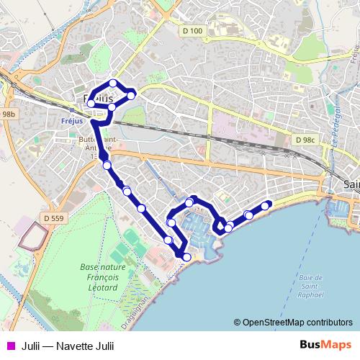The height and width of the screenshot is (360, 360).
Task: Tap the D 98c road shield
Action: pyautogui.click(x=305, y=140)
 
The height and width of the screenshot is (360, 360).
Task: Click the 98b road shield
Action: pyautogui.click(x=8, y=114)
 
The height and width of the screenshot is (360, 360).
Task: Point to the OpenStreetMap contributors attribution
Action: pyautogui.click(x=297, y=322)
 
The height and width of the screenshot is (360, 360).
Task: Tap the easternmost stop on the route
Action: pyautogui.click(x=266, y=206)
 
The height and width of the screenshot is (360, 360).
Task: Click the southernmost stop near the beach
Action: pyautogui.click(x=186, y=257)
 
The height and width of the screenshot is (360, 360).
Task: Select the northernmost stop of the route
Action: pyautogui.click(x=113, y=84)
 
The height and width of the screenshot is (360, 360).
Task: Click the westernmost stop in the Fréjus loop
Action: pyautogui.click(x=91, y=104)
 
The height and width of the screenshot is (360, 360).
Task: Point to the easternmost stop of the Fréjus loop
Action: pyautogui.click(x=131, y=96)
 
